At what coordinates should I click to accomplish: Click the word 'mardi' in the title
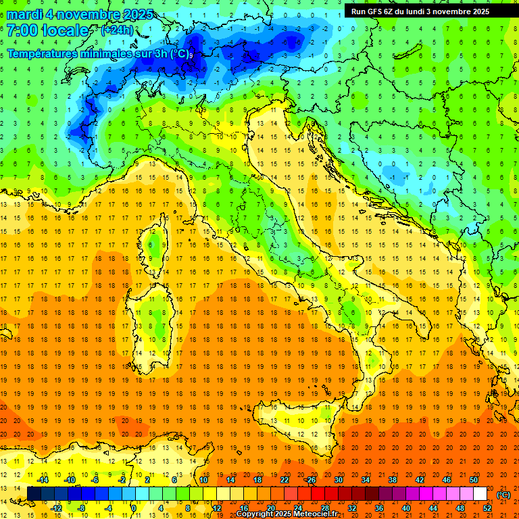pyautogui.click(x=26, y=14)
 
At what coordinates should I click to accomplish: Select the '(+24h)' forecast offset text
pyautogui.click(x=117, y=30)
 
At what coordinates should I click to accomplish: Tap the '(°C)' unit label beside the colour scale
pyautogui.click(x=503, y=495)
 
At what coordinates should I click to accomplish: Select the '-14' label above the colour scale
pyautogui.click(x=43, y=480)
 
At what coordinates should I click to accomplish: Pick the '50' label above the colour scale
pyautogui.click(x=473, y=480)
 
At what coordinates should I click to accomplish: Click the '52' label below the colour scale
pyautogui.click(x=488, y=508)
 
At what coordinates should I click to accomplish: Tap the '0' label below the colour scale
pyautogui.click(x=134, y=508)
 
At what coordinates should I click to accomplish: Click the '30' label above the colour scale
pyautogui.click(x=339, y=480)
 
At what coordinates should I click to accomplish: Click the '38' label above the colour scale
pyautogui.click(x=393, y=480)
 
